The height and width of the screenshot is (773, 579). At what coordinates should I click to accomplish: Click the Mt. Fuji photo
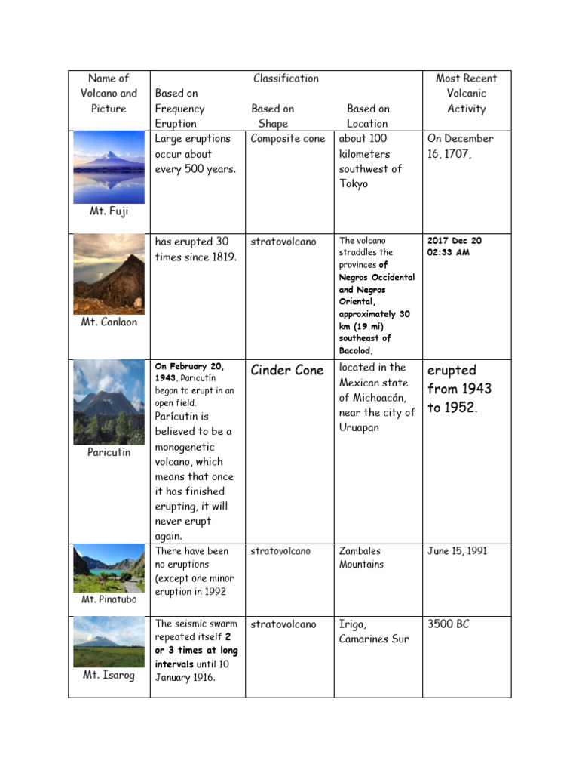pyautogui.click(x=109, y=168)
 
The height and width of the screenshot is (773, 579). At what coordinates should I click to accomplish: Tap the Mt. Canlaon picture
pyautogui.click(x=109, y=274)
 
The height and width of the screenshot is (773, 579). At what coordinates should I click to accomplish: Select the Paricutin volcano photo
pyautogui.click(x=109, y=402)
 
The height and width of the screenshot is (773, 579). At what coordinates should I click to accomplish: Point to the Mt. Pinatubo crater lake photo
pyautogui.click(x=109, y=568)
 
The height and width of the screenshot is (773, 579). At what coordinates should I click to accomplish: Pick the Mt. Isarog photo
pyautogui.click(x=109, y=642)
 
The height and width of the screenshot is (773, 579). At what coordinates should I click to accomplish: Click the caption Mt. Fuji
pyautogui.click(x=109, y=211)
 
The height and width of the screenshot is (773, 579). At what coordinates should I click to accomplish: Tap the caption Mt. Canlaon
pyautogui.click(x=109, y=322)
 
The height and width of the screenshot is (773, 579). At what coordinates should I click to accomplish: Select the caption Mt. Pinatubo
pyautogui.click(x=109, y=599)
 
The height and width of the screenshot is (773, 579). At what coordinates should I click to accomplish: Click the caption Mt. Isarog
pyautogui.click(x=109, y=675)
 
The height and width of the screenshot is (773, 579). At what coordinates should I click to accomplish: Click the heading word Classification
pyautogui.click(x=286, y=79)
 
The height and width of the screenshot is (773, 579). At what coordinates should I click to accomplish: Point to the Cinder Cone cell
pyautogui.click(x=287, y=371)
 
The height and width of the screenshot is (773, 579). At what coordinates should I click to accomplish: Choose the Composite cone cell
pyautogui.click(x=288, y=139)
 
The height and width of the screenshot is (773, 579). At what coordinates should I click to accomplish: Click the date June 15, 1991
pyautogui.click(x=458, y=551)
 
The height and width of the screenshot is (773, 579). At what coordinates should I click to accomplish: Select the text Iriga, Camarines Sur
pyautogui.click(x=374, y=632)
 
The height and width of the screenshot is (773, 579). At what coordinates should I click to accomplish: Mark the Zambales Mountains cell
pyautogui.click(x=361, y=558)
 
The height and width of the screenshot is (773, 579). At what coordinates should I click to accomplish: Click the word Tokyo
pyautogui.click(x=354, y=184)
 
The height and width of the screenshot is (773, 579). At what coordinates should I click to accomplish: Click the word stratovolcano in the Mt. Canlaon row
pyautogui.click(x=283, y=242)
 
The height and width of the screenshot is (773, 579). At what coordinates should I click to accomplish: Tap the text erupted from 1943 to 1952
pyautogui.click(x=459, y=389)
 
